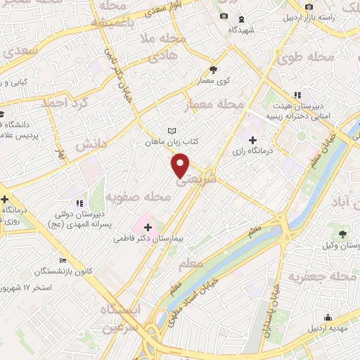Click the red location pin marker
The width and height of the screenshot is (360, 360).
coord(181,165)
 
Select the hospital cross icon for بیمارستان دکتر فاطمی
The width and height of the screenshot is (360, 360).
coord(148,227)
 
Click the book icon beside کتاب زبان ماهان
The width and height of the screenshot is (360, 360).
coord(172,130)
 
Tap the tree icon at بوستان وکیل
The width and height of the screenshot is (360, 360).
coord(342,233)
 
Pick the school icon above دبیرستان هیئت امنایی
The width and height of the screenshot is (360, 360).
coord(297,94)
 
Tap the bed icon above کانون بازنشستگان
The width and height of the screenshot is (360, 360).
coord(63,259)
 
